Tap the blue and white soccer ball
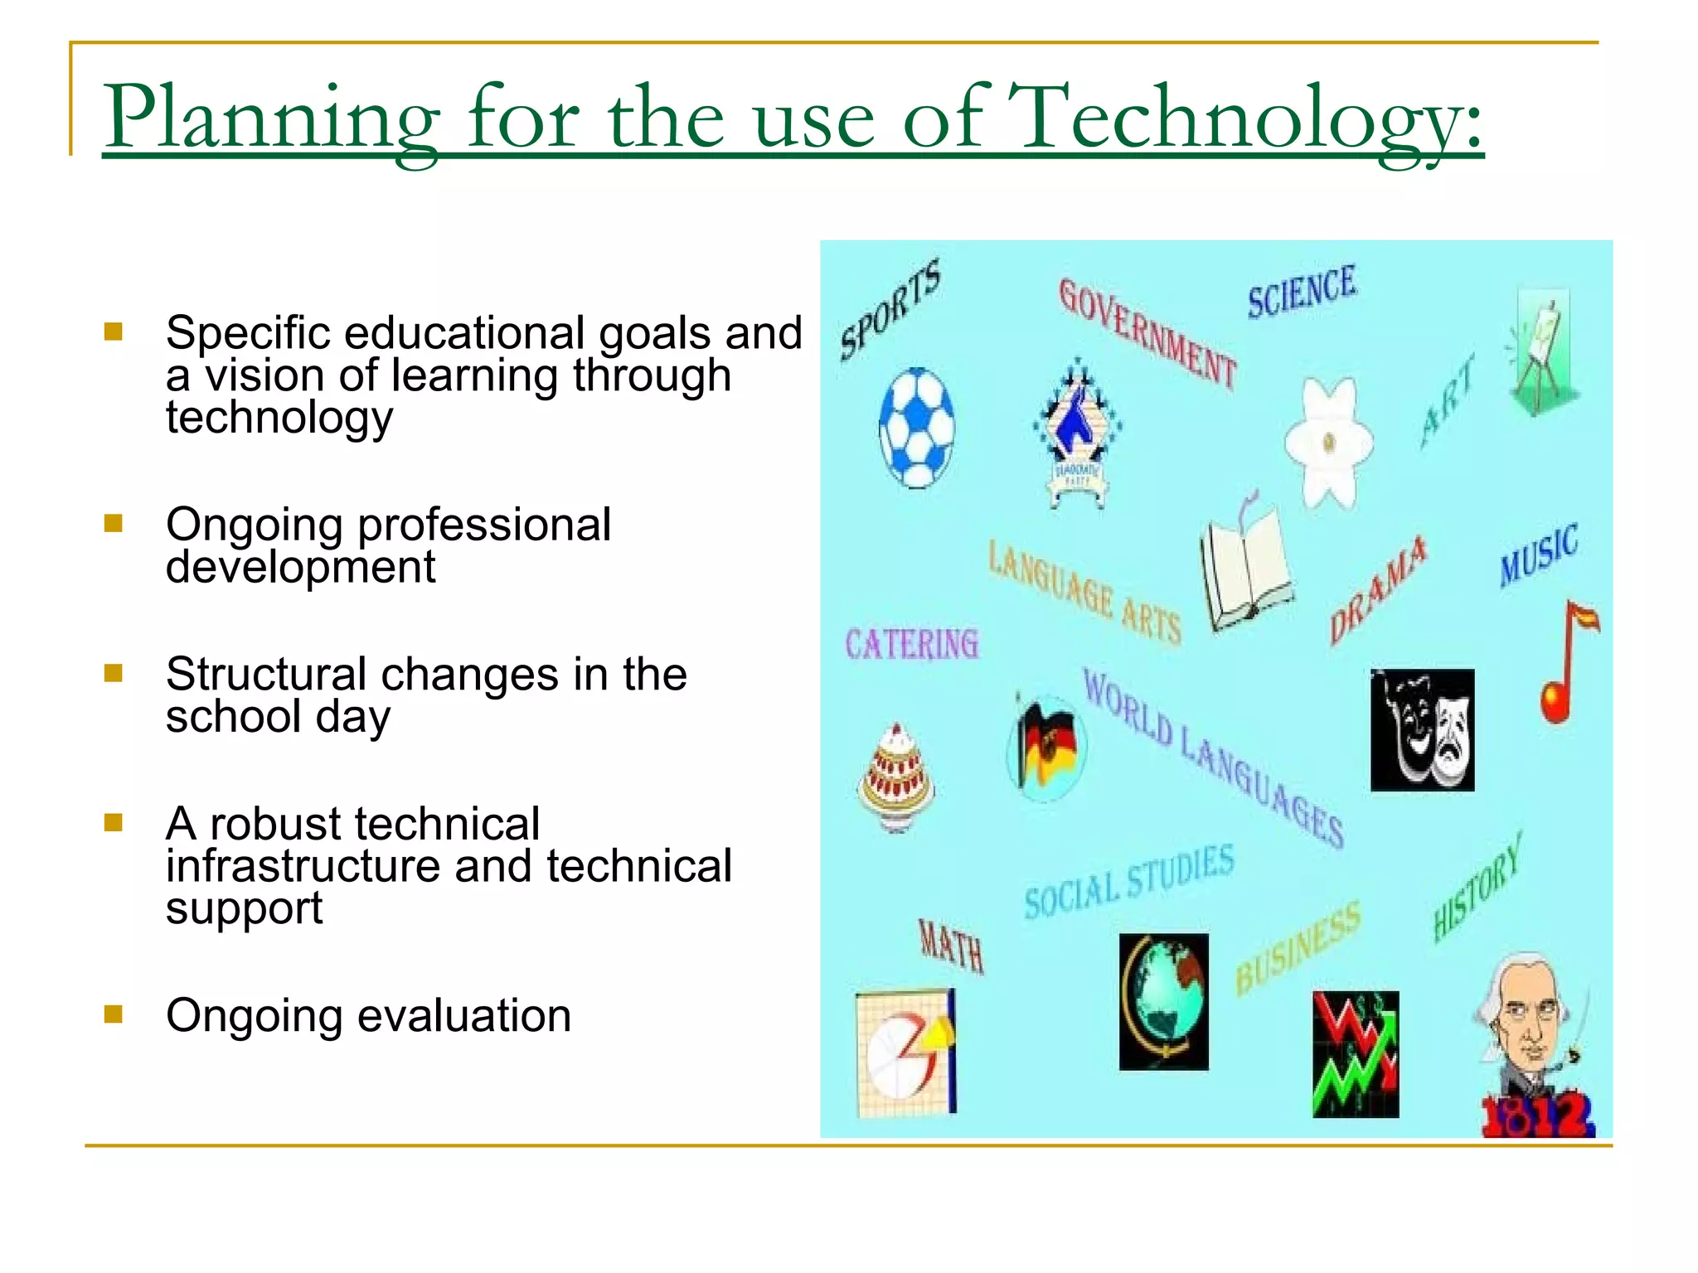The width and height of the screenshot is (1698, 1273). coord(916,428)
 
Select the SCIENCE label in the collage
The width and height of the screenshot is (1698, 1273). coord(1302,292)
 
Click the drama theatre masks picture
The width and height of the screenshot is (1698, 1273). coord(1422,729)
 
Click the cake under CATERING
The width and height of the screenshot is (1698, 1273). coord(896,775)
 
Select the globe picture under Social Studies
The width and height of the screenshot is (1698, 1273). coord(1163,1001)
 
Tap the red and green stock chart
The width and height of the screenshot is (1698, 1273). coord(1356,1054)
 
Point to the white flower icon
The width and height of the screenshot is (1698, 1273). coord(1328,443)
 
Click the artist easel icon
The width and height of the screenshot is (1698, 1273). coord(1541,352)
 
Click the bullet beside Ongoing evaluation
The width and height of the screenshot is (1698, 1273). coord(114,1014)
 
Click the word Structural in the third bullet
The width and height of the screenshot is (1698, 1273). coord(265,674)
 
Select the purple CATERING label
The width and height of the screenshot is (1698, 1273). coord(911,644)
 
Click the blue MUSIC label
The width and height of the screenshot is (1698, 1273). coord(1539,555)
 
